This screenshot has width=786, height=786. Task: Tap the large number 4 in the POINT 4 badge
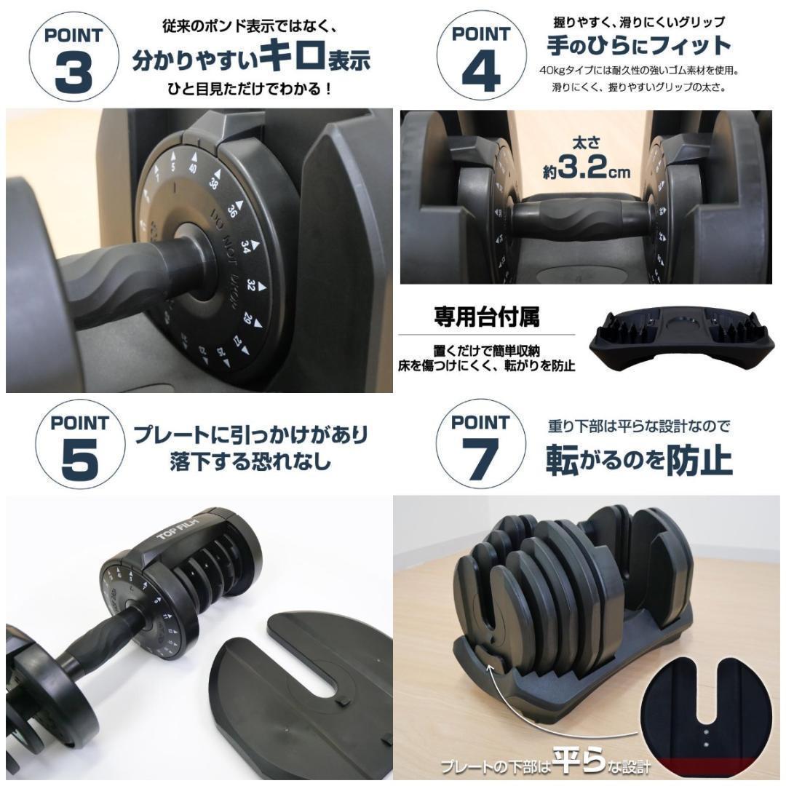[480, 72]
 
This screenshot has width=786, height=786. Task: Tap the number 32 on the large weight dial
[252, 282]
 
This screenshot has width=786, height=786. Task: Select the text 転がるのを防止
[639, 460]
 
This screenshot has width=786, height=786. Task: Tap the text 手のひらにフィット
[638, 45]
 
